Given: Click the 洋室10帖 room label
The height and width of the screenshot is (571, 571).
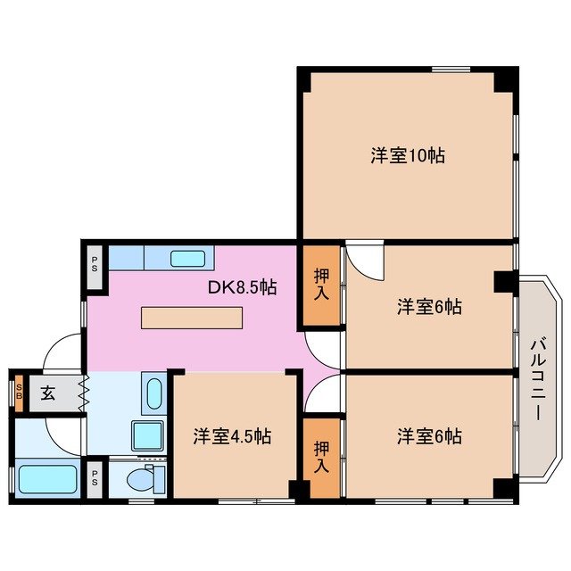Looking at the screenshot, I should click(x=408, y=155).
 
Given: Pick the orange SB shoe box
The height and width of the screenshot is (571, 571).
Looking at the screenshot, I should click(x=19, y=393).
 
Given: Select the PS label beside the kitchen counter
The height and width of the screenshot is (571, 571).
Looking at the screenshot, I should click(x=95, y=265).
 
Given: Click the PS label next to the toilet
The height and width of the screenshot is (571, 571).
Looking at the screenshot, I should click(x=95, y=478).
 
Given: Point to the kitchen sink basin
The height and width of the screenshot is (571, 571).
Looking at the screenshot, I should click(x=187, y=259).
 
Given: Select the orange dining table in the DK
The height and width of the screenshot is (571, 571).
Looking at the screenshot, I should click(x=192, y=318).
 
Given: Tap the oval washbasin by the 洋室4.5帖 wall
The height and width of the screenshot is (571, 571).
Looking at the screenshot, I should click(x=153, y=393).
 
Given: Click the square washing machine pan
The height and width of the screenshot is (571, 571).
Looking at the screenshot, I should click(x=147, y=435).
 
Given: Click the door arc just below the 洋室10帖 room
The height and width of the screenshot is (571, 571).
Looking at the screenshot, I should click(x=364, y=260).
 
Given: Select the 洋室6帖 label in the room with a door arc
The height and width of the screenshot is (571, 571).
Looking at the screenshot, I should click(x=429, y=307).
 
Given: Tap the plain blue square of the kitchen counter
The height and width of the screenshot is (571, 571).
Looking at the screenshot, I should click(x=127, y=258).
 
